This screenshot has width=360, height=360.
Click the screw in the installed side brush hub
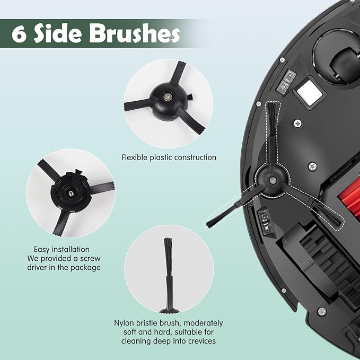(x=272, y=180)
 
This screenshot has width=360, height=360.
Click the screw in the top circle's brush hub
(x=169, y=95)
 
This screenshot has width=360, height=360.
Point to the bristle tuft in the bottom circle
(x=168, y=251)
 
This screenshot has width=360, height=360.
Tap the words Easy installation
(x=62, y=249)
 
